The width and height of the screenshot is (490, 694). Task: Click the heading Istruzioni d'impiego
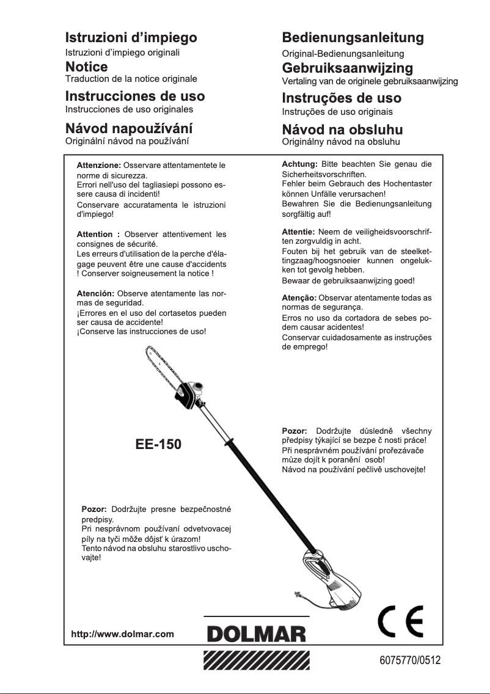[x=131, y=37]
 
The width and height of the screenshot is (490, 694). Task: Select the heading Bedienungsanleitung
[x=353, y=37]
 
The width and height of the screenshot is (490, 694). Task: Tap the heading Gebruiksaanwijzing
[x=347, y=67]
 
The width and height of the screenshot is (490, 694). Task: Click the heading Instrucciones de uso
[x=135, y=96]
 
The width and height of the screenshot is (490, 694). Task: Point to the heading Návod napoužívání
[x=129, y=128]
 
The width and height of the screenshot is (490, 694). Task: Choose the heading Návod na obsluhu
[x=342, y=130]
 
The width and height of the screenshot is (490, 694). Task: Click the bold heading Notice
[x=87, y=66]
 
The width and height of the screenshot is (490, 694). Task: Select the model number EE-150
[x=158, y=444]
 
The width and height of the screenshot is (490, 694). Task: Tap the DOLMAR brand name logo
[x=256, y=635]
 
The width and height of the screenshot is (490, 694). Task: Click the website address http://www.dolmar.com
[x=123, y=634]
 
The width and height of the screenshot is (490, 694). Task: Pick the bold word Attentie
[x=298, y=233]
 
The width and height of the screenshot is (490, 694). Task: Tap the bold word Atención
[x=95, y=293]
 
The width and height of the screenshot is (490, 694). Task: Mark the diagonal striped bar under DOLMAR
[x=256, y=662]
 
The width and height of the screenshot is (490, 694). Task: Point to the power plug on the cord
[x=298, y=593]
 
